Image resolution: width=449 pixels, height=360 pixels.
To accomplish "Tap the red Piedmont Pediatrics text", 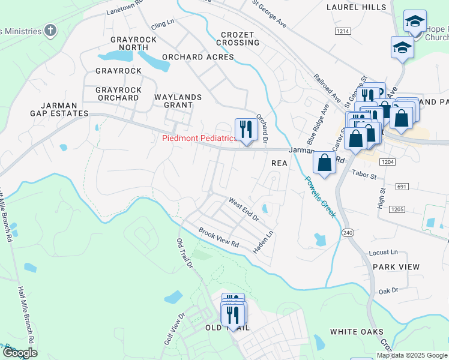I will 199,139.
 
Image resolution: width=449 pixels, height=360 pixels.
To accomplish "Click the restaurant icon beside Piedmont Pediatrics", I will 246,130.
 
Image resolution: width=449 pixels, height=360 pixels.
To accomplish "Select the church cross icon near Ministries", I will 51,30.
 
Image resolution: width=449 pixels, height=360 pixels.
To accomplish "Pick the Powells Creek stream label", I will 319,196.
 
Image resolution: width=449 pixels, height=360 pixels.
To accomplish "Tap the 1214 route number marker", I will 343,31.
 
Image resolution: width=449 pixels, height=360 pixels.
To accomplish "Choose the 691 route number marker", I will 402,187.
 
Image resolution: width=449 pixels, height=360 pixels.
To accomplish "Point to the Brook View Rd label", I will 218,238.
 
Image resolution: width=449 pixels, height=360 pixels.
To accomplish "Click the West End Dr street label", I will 243,208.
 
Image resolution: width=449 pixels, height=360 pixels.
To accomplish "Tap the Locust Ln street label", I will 385,253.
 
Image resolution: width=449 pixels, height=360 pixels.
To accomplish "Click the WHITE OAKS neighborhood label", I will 357,332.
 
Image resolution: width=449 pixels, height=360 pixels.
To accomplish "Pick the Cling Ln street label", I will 162,25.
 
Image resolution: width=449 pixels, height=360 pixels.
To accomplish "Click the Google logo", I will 19,353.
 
